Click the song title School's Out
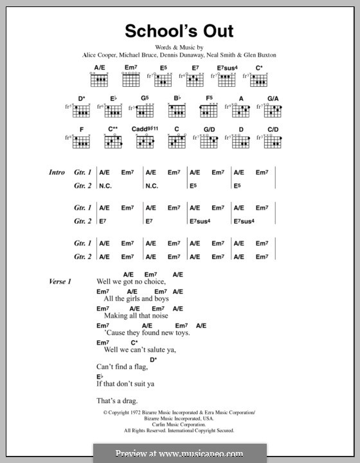(x=179, y=32)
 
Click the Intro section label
(x=58, y=172)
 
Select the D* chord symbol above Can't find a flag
(x=153, y=359)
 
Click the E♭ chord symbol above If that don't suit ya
(x=100, y=376)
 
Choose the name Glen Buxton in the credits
(x=260, y=55)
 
